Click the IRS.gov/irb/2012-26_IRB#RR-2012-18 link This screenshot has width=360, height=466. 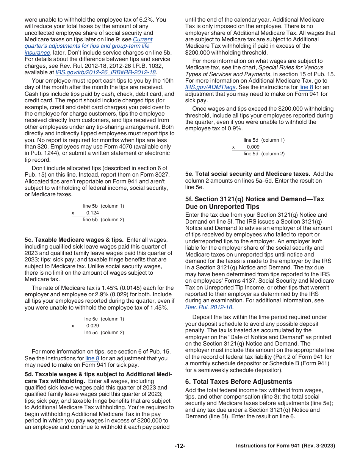pyautogui.click(x=106, y=72)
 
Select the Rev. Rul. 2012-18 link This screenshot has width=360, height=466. pyautogui.click(x=209, y=307)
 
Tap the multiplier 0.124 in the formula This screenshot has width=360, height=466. pyautogui.click(x=92, y=213)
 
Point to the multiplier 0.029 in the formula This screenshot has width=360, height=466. pyautogui.click(x=92, y=326)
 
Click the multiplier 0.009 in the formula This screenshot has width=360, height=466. pyautogui.click(x=253, y=147)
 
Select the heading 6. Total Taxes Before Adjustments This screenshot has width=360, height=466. pyautogui.click(x=239, y=382)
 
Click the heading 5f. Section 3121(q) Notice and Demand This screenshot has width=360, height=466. pyautogui.click(x=255, y=199)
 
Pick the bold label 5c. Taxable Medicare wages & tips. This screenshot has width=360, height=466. pyautogui.click(x=74, y=240)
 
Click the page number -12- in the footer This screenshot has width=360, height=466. pyautogui.click(x=180, y=446)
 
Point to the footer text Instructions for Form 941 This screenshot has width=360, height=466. pyautogui.click(x=285, y=446)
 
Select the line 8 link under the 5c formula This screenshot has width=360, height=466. pyautogui.click(x=90, y=358)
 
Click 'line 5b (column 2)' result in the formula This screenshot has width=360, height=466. pyautogui.click(x=103, y=220)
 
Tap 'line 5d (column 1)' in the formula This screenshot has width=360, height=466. pyautogui.click(x=264, y=140)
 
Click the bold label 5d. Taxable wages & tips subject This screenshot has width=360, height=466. pyautogui.click(x=98, y=375)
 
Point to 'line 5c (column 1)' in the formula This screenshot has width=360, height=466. pyautogui.click(x=103, y=319)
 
